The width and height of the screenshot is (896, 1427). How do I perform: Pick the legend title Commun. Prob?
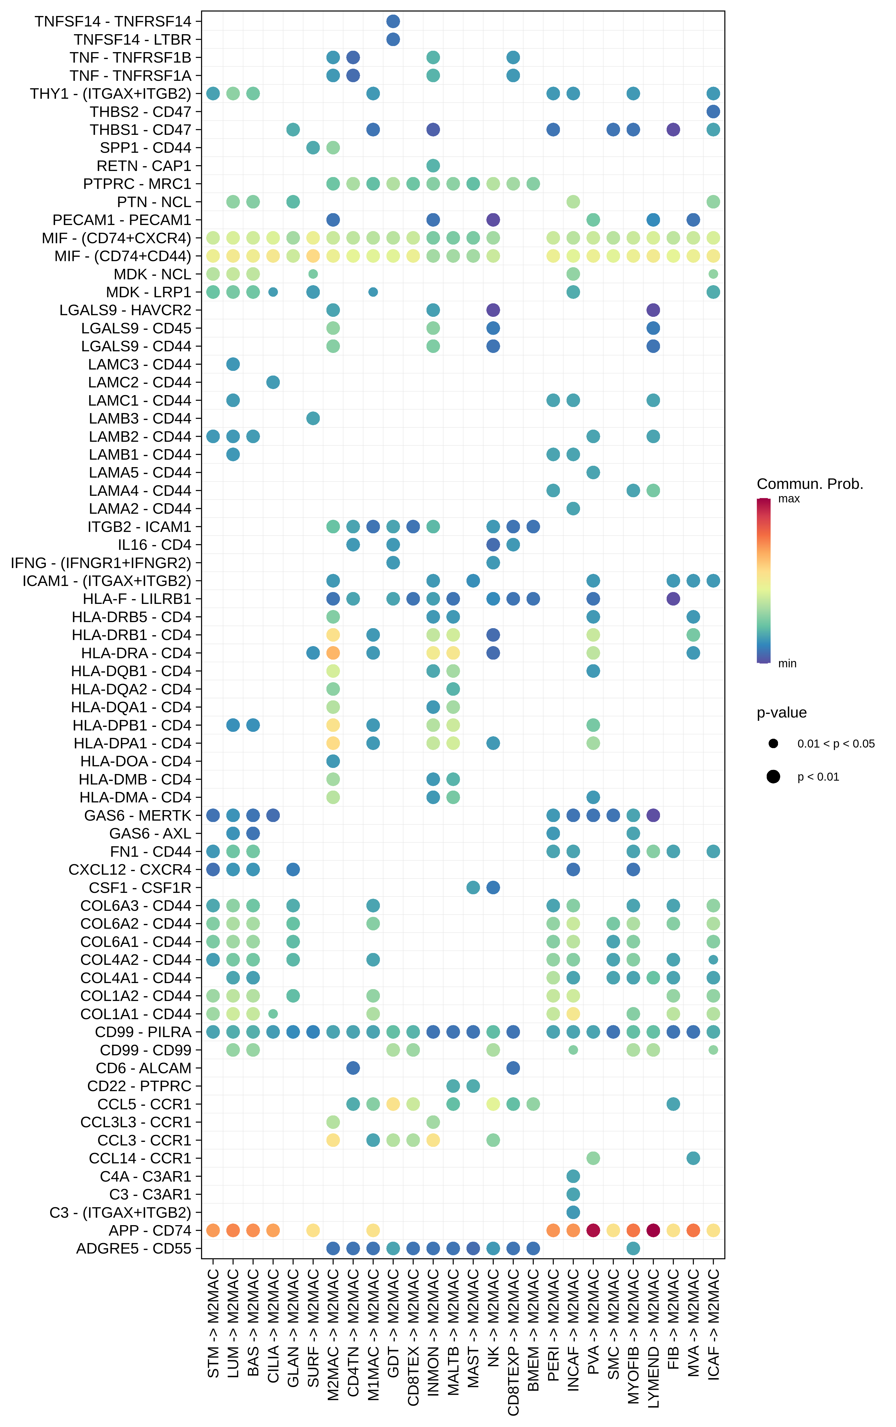(809, 484)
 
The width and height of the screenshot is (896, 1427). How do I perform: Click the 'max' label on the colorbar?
(789, 499)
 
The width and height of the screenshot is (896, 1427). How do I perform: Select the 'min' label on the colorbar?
(787, 664)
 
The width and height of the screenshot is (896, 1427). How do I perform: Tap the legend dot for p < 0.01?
(773, 777)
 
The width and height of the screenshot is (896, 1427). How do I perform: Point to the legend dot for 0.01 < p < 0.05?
(773, 744)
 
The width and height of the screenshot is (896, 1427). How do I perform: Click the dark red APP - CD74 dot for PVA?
(593, 1230)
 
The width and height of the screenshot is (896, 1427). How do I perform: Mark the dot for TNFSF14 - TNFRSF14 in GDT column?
(393, 21)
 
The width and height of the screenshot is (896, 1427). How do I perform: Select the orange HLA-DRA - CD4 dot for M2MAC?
(333, 653)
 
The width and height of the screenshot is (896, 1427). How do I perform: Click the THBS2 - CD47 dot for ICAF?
(713, 111)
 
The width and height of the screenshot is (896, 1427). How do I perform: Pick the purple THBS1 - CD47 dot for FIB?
(673, 130)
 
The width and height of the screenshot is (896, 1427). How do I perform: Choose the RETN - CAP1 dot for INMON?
(433, 166)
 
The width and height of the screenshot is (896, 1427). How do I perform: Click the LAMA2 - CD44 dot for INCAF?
(573, 508)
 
